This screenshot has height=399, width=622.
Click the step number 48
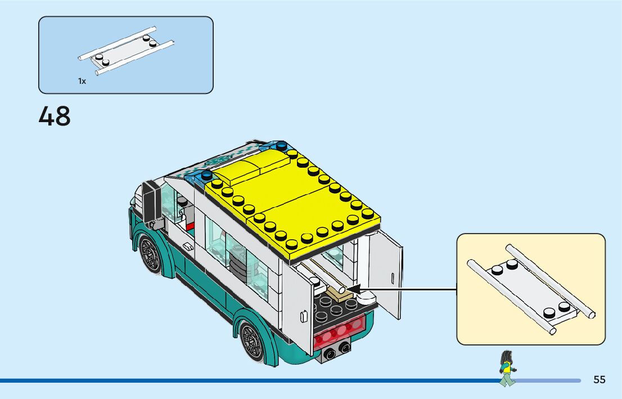(x=55, y=116)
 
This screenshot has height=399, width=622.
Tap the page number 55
(x=599, y=379)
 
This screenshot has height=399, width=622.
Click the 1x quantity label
(x=82, y=81)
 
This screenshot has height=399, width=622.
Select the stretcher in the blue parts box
(x=125, y=51)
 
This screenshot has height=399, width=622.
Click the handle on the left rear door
(x=304, y=317)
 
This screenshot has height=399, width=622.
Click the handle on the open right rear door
(x=391, y=277)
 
